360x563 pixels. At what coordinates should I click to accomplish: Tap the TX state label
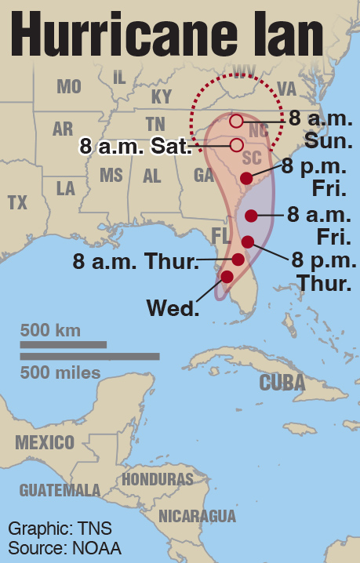point(17,202)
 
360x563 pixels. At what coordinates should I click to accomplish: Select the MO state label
point(69,87)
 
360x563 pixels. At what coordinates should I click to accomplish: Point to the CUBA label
point(282,382)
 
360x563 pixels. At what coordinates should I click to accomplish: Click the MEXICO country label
point(45,441)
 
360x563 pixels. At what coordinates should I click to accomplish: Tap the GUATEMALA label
point(60,490)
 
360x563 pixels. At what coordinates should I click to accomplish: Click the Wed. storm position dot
point(227,277)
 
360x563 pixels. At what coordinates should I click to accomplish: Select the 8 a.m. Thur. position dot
point(238,260)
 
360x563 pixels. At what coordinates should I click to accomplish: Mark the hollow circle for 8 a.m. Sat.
point(236,144)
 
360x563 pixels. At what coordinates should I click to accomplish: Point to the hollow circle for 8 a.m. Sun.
point(236,121)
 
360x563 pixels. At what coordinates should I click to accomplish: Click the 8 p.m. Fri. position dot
point(246,178)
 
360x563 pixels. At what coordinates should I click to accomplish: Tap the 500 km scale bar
point(63,344)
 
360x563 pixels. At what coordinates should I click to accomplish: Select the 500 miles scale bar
point(89,357)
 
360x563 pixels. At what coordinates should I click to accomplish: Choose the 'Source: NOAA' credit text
point(64,548)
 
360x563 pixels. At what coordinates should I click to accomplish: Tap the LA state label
point(66,188)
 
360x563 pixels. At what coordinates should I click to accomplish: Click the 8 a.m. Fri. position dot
point(252,216)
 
